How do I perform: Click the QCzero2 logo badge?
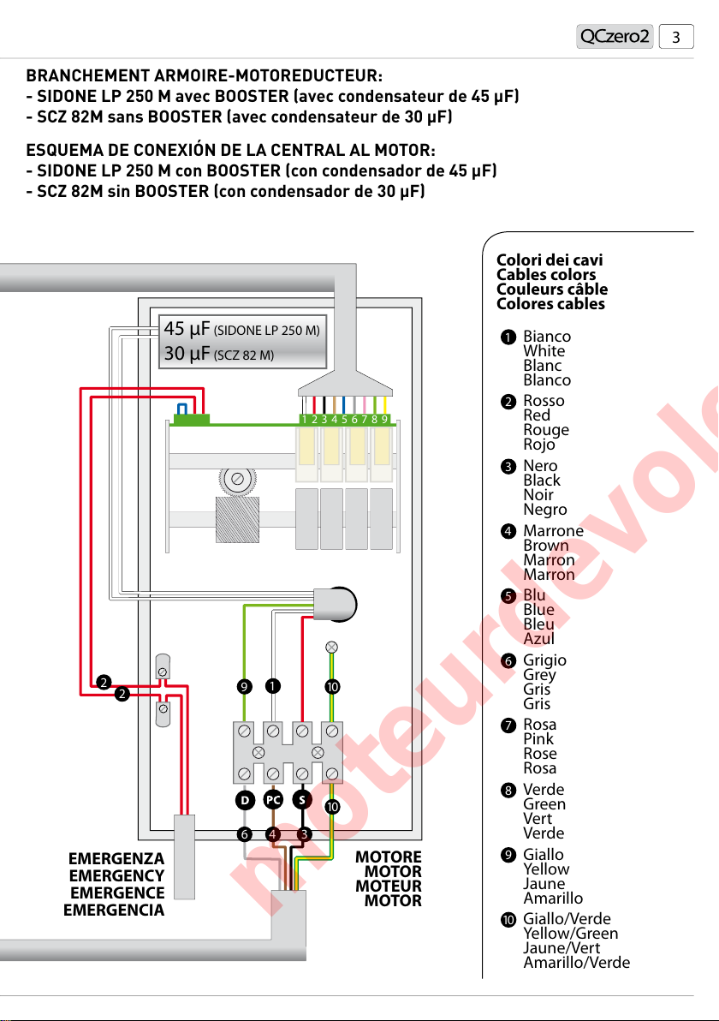tap(615, 37)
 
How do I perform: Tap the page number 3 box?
tap(676, 37)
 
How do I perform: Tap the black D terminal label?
tap(245, 800)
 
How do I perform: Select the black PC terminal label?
tap(273, 800)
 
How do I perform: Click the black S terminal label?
tap(302, 800)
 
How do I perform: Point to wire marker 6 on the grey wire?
tap(245, 833)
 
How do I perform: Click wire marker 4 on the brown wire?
tap(273, 833)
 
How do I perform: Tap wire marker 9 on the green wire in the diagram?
tap(245, 686)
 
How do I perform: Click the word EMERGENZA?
tap(116, 860)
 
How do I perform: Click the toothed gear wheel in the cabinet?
tap(239, 478)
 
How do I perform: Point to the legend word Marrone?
tap(553, 531)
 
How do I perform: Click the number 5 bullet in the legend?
tap(508, 595)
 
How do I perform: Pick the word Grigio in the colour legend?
tap(544, 660)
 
